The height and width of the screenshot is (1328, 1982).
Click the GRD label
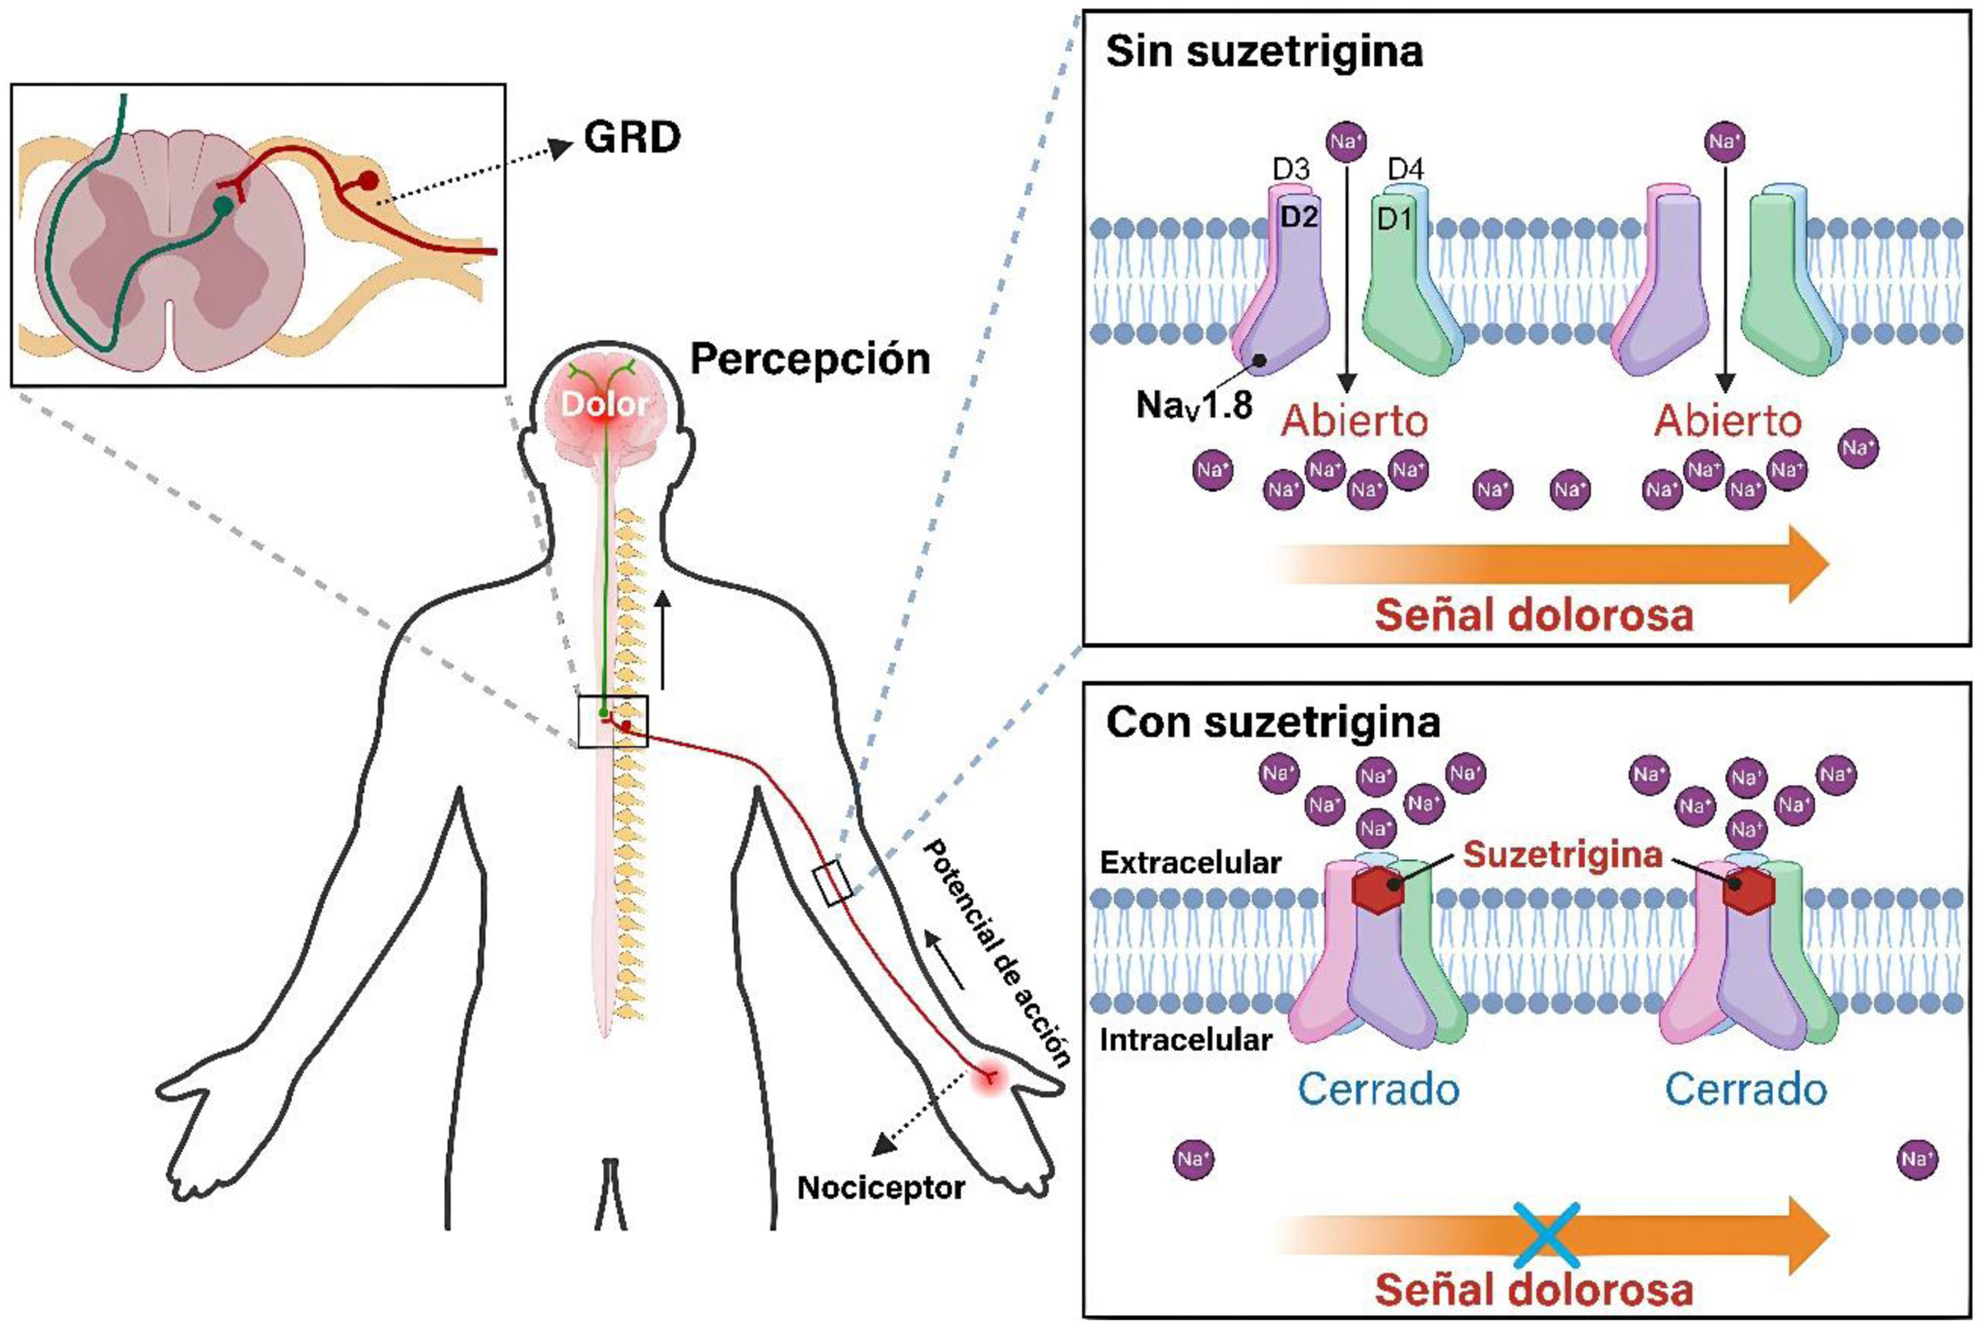[632, 137]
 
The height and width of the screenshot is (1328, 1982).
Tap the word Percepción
[809, 359]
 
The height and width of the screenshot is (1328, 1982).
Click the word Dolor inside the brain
[605, 404]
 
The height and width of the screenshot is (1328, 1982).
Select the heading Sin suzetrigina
[1264, 52]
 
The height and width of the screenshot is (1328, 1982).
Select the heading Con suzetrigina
[1272, 723]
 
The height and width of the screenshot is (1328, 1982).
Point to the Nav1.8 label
[1193, 405]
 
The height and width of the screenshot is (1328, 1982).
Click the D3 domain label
[1291, 169]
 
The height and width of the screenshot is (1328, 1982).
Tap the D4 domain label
[1405, 169]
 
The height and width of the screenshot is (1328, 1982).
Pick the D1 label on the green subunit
[1394, 219]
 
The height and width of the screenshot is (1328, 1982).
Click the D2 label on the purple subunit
[1298, 217]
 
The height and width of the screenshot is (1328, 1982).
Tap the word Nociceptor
[881, 1188]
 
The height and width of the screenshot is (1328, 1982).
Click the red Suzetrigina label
[1563, 855]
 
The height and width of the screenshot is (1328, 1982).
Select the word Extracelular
[1190, 863]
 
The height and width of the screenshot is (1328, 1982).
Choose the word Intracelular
[1186, 1040]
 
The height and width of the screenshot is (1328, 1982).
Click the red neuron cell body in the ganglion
[367, 181]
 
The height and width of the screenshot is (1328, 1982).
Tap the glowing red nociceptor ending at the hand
[989, 1077]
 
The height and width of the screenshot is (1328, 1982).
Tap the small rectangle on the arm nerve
[833, 883]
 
